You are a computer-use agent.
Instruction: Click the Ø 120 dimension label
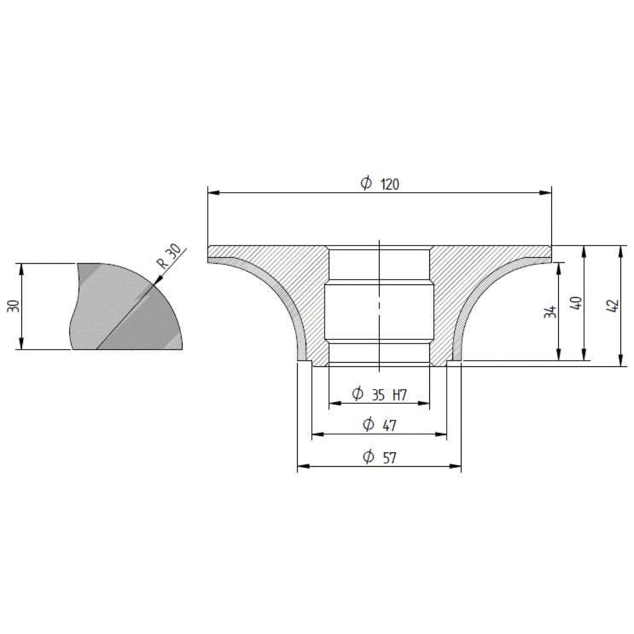[380, 183]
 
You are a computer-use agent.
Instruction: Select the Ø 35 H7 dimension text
[379, 395]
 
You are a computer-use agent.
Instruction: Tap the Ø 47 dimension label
[379, 425]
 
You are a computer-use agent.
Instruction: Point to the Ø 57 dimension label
[379, 458]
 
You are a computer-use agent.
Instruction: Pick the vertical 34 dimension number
[550, 312]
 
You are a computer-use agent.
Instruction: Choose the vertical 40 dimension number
[576, 303]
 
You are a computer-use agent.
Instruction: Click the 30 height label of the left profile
[13, 306]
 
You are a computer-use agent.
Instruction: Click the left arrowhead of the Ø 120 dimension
[214, 193]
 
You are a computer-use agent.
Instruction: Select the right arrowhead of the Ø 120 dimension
[545, 193]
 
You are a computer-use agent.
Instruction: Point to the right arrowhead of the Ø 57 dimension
[455, 466]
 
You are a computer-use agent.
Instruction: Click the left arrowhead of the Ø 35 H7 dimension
[335, 403]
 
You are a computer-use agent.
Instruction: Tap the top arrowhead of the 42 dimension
[620, 251]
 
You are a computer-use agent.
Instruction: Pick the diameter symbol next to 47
[368, 424]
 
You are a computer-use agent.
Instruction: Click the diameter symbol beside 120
[366, 183]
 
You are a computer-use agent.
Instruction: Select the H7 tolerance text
[400, 395]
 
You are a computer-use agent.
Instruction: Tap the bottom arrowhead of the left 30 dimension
[22, 343]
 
